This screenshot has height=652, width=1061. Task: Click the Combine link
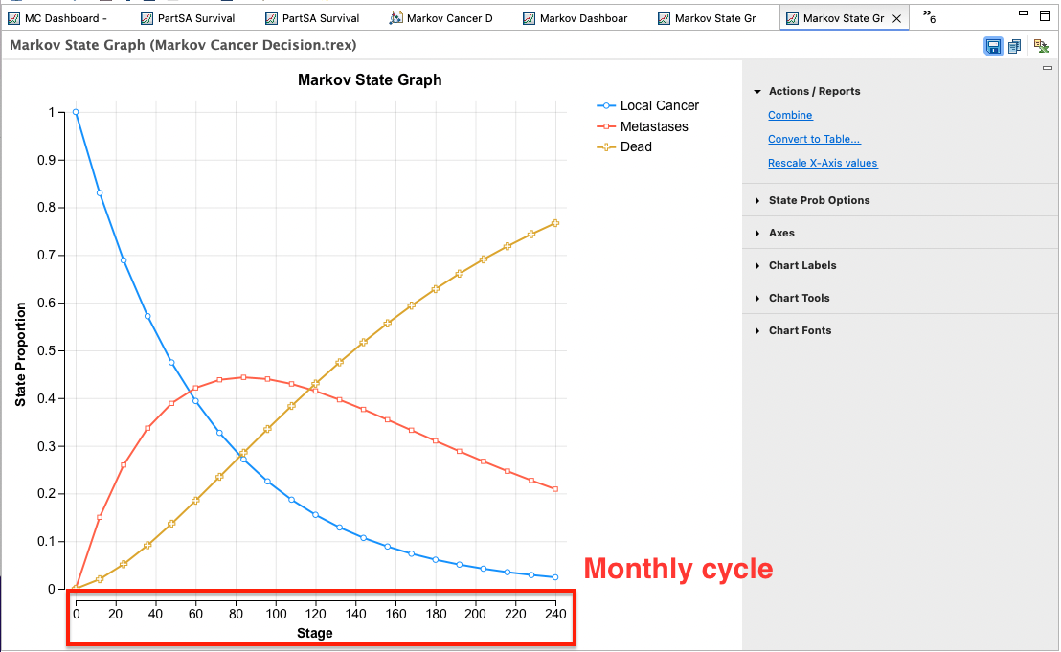(790, 115)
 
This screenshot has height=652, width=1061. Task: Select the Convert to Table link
(814, 139)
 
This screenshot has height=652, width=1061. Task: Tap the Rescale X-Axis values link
(823, 163)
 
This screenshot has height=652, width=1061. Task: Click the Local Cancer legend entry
(647, 105)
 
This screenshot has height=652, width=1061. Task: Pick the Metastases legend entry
(643, 126)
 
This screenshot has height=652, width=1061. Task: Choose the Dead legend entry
(624, 146)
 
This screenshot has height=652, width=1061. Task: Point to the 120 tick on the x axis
(315, 614)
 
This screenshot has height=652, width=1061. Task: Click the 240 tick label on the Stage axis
(555, 614)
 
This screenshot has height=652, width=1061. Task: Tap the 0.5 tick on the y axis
(46, 351)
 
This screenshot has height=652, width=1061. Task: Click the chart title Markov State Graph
(370, 79)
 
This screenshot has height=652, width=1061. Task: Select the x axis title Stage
(315, 633)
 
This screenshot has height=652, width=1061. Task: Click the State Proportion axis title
(20, 354)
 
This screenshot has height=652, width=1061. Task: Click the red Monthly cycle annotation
(678, 568)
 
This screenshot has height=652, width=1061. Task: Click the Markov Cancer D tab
(449, 18)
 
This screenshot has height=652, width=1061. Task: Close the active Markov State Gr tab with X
(896, 19)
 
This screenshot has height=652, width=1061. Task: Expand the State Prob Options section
(819, 200)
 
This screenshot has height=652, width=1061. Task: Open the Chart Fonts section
(800, 330)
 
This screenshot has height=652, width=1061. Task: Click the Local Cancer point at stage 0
(76, 112)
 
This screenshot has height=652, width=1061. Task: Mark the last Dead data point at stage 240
(555, 223)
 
